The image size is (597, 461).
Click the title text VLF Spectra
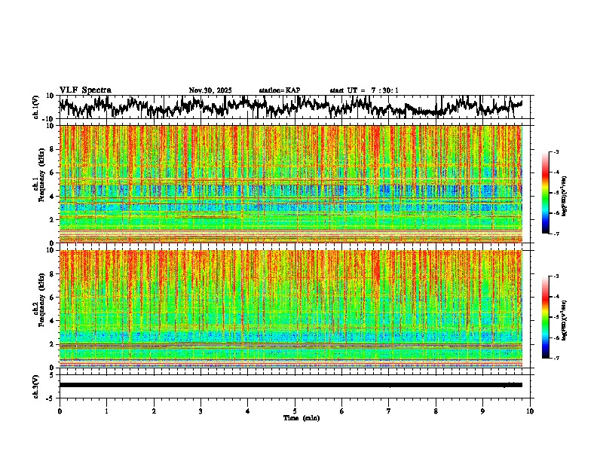pos(85,90)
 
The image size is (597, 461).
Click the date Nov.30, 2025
pos(210,90)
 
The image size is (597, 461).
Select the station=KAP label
pos(280,90)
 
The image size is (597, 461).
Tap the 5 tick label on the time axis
pos(295,411)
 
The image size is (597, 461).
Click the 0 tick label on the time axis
pos(60,411)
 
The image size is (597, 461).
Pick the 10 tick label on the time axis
pos(530,411)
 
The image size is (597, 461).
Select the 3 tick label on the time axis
pos(201,411)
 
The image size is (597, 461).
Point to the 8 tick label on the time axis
pos(436,411)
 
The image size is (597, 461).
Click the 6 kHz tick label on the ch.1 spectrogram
pos(51,172)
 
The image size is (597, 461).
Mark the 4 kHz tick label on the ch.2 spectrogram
pos(51,321)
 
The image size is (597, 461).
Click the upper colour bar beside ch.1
pos(555,193)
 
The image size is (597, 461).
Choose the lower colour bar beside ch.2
pos(555,317)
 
